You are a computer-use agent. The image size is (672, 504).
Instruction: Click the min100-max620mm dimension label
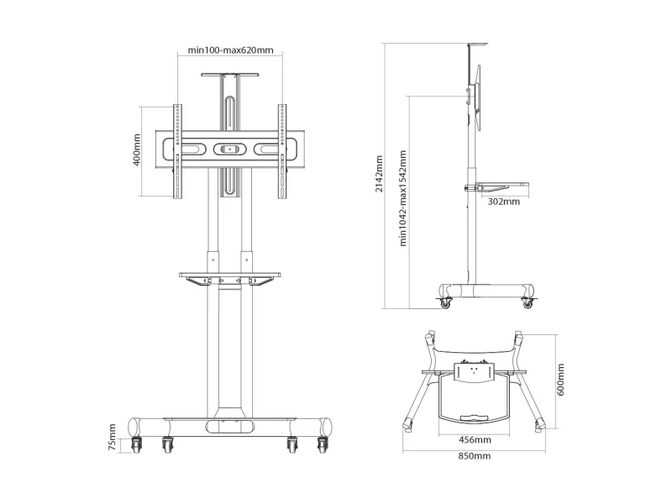point(230,50)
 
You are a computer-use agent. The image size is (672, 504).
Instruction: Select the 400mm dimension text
point(137,150)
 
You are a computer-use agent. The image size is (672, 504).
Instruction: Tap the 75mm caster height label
point(112,437)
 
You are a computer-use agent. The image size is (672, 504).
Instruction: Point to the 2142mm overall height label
point(380,174)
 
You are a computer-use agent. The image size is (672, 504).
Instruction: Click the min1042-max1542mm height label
point(402,198)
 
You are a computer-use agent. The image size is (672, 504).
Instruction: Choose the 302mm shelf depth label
point(503,202)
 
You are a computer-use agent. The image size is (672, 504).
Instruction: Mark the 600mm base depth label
point(560,380)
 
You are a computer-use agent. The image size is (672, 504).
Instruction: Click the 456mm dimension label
point(475,439)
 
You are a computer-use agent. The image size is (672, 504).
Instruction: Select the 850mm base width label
point(474,456)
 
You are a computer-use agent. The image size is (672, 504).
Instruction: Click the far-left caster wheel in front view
point(137,445)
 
